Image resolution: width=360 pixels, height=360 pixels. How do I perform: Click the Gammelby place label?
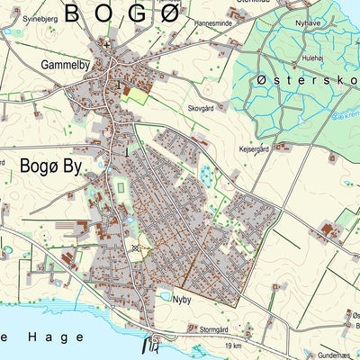[x=65, y=65]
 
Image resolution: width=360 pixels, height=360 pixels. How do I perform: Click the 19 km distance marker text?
[x=234, y=345]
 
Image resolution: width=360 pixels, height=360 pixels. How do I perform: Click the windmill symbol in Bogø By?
[x=136, y=247]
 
